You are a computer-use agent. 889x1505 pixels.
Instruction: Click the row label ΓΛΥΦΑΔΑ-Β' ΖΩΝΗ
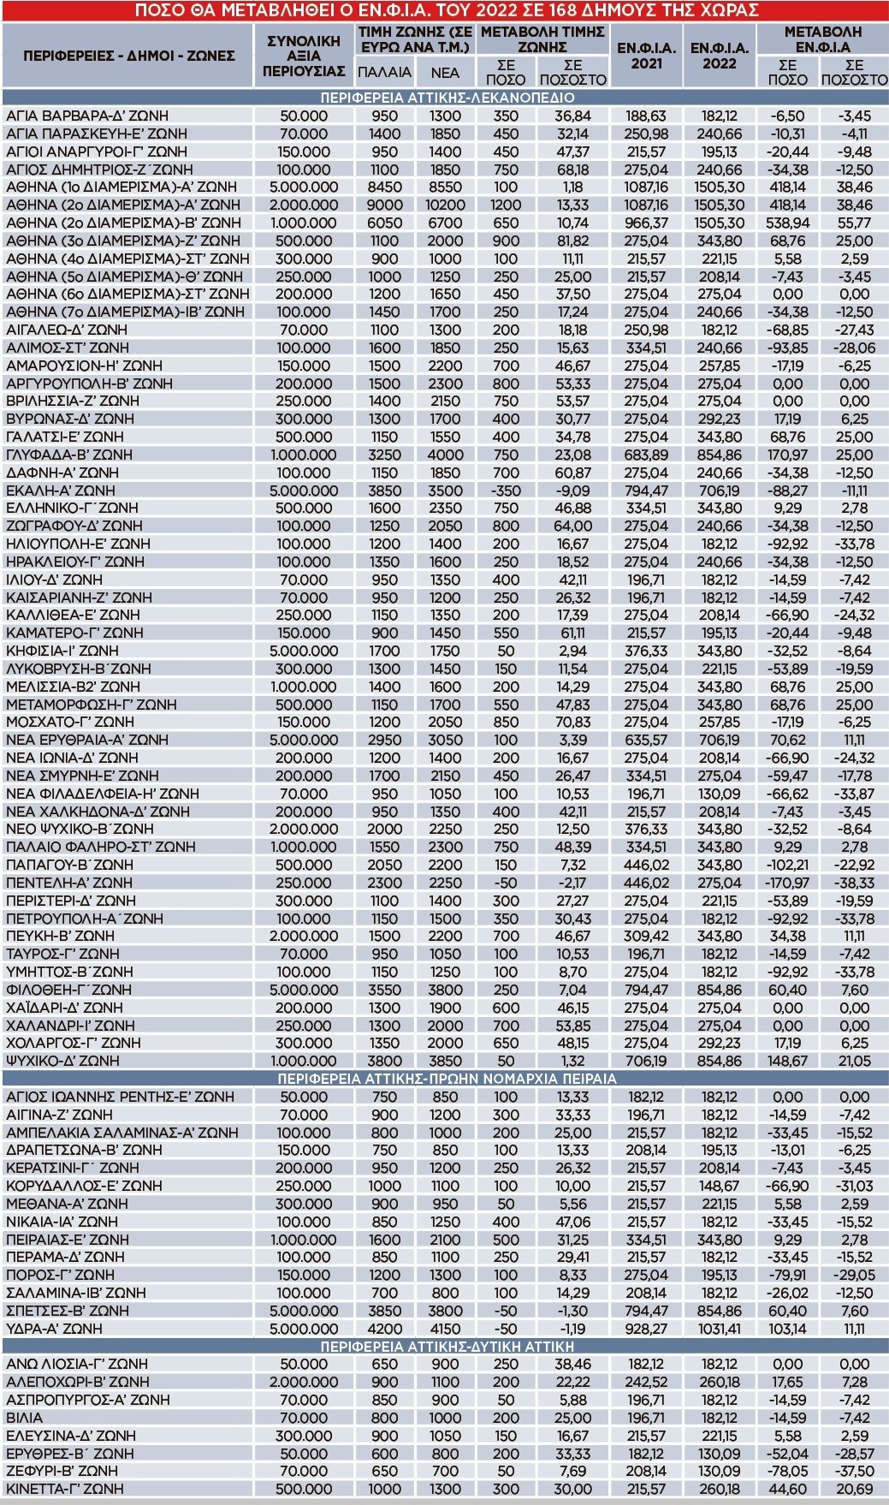coord(69,455)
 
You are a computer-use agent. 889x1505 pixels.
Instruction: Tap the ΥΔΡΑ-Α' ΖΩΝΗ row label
coord(54,1329)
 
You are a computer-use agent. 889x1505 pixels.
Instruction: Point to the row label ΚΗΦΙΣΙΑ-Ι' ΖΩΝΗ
coord(64,651)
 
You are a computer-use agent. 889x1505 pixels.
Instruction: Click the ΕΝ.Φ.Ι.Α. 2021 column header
coord(646,55)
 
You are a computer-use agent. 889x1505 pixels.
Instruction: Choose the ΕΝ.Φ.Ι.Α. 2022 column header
coord(719,55)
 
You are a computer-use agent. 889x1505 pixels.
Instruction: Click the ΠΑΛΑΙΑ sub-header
coord(384,73)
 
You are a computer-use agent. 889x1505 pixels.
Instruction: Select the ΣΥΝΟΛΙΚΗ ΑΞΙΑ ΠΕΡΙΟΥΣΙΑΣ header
coord(304,56)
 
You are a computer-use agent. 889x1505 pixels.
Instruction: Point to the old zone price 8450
coord(384,187)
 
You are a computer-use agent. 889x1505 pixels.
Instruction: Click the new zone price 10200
coord(445,205)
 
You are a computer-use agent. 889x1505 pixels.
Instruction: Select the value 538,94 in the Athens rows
coord(787,223)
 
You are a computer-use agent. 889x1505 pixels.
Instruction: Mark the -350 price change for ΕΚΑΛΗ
coord(506,491)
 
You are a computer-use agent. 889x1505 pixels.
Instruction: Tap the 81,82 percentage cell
coord(572,241)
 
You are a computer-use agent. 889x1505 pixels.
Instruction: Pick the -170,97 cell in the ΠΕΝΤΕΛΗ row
coord(787,883)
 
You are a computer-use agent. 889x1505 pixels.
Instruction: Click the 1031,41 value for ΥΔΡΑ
coord(719,1329)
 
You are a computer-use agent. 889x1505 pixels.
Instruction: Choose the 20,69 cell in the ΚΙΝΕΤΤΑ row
coord(854,1489)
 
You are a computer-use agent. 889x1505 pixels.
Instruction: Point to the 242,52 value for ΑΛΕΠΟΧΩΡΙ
coord(646,1382)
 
